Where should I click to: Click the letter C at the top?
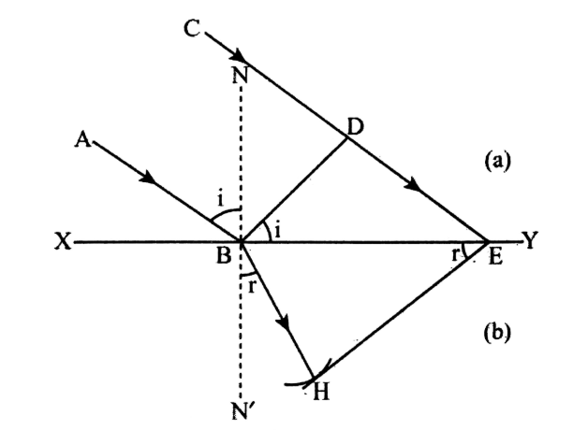[192, 28]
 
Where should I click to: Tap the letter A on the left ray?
[82, 139]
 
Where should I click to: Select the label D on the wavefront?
[355, 127]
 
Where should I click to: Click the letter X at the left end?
[63, 241]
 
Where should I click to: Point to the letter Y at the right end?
[530, 241]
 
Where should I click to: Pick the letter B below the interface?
[223, 256]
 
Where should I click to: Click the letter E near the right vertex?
[495, 256]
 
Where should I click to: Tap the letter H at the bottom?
[321, 393]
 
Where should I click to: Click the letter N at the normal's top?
[240, 76]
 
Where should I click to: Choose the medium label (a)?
[497, 161]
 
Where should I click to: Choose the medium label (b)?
[496, 332]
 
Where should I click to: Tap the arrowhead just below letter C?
[238, 56]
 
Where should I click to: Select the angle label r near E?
[454, 254]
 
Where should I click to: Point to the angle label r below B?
[251, 287]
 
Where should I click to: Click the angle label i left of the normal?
[220, 199]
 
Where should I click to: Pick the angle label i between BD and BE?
[277, 230]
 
